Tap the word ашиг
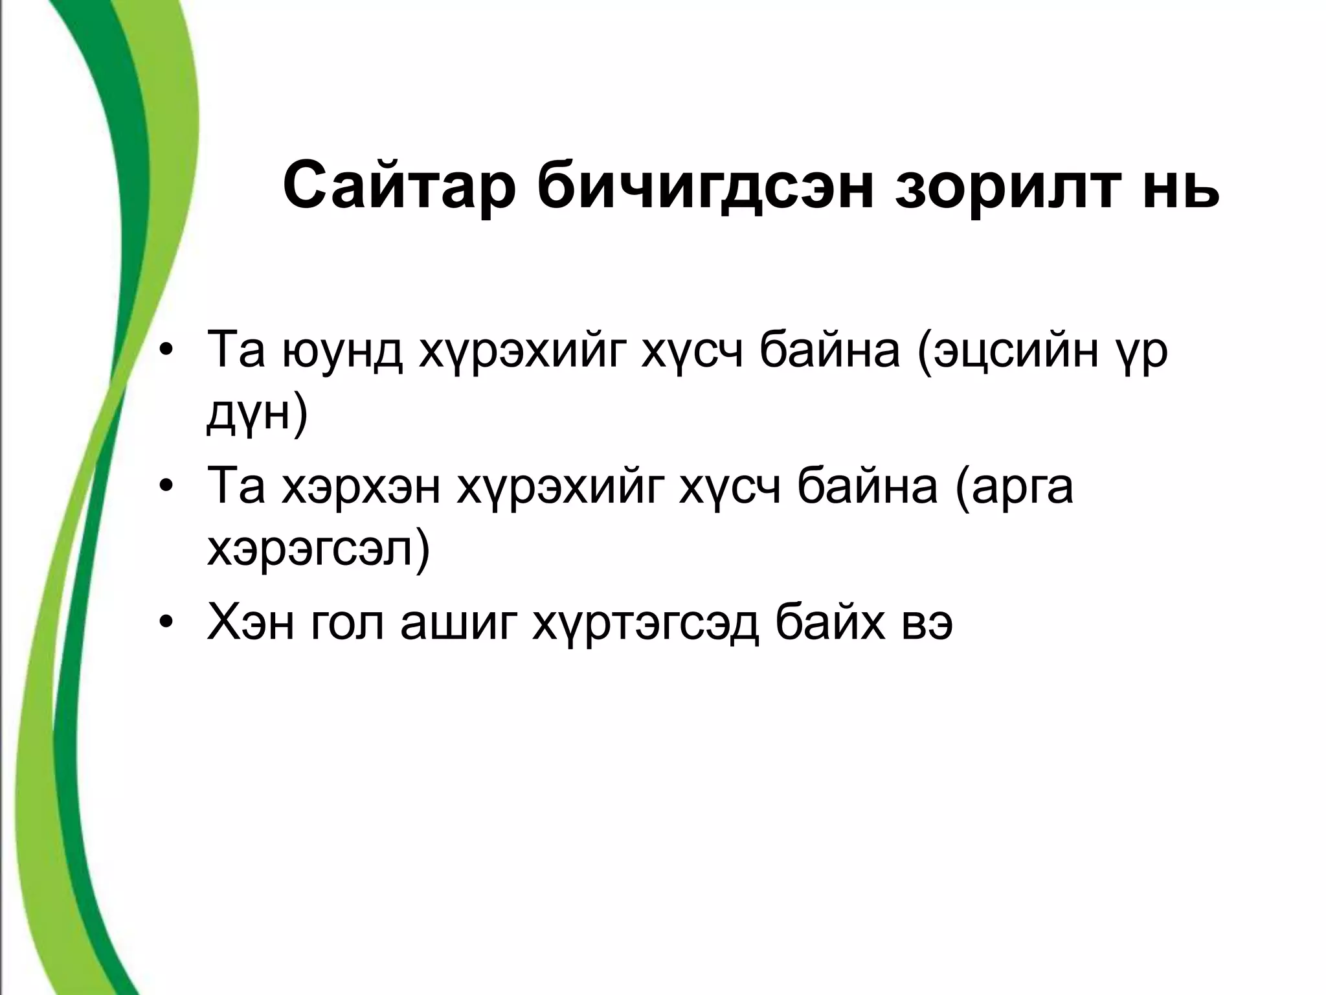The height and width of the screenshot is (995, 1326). (x=457, y=626)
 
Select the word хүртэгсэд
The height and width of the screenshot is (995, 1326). (x=645, y=626)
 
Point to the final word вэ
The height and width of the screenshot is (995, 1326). (x=932, y=626)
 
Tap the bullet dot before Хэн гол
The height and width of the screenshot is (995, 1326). (x=167, y=626)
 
